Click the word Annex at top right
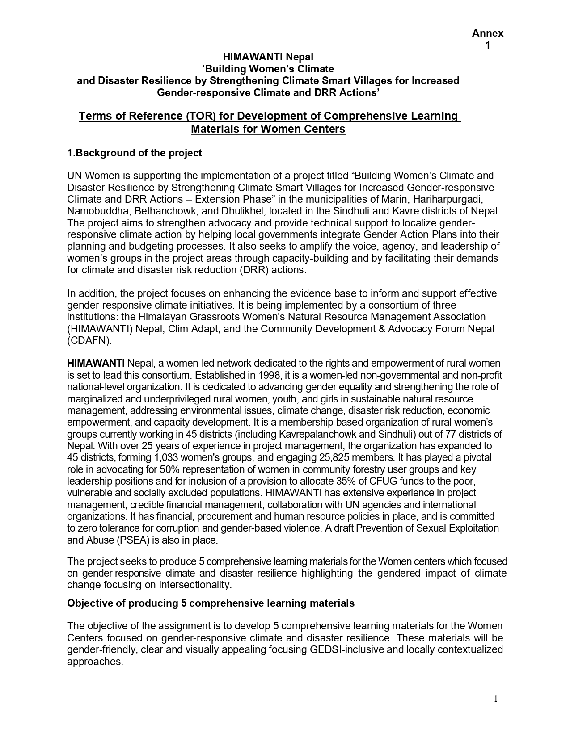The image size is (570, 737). [488, 33]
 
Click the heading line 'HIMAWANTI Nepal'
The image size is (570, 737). [268, 57]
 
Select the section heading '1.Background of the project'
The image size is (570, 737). [134, 153]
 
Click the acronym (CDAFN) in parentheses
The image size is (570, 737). [89, 340]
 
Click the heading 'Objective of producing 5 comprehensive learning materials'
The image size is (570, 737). [211, 603]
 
